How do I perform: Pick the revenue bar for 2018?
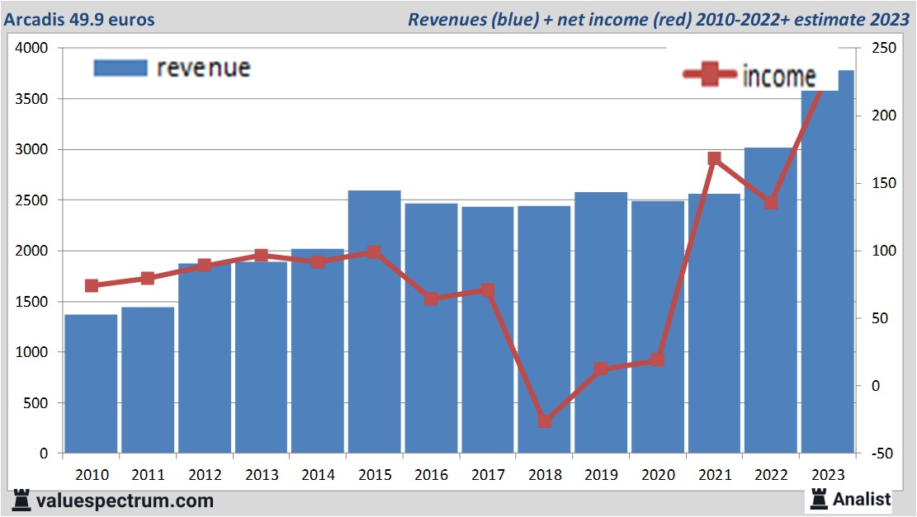(544, 330)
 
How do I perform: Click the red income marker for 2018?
(544, 421)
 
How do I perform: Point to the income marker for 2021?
(714, 158)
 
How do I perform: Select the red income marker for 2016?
(431, 298)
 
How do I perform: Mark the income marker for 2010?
(92, 285)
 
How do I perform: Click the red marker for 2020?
(657, 360)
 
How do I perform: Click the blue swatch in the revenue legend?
(120, 68)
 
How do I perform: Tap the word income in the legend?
(778, 76)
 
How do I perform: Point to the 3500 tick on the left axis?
(32, 99)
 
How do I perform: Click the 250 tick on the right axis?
(870, 49)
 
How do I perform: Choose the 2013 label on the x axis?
(261, 475)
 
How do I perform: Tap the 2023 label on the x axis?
(827, 475)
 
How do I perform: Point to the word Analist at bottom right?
(861, 499)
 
